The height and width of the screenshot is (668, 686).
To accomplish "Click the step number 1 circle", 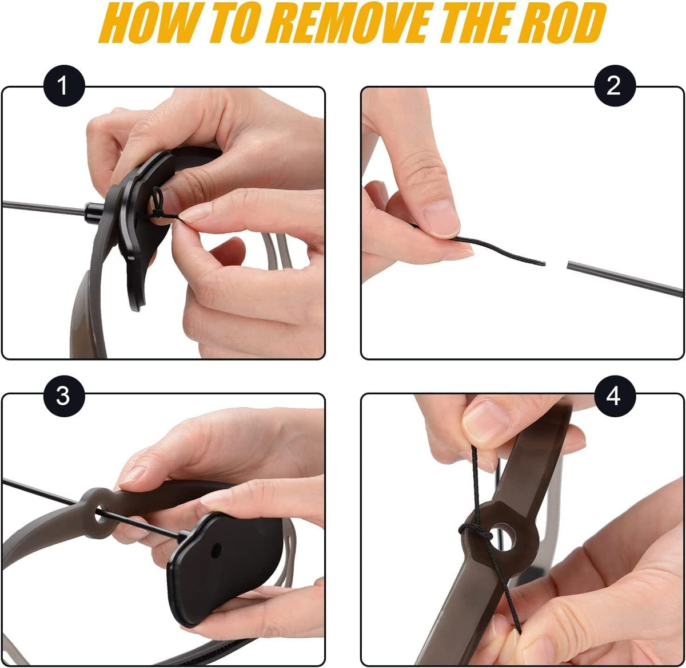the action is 64,86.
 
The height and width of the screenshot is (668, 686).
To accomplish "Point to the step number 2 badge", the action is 615,86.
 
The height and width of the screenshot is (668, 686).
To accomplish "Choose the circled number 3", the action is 64,396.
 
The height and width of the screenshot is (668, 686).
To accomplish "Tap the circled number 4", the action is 615,396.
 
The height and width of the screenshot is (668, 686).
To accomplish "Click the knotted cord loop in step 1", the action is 158,202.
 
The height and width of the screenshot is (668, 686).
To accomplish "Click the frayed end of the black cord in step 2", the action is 543,263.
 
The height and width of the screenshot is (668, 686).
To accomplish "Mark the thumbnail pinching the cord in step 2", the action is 441,218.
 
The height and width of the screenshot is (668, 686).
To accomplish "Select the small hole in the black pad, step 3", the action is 216,550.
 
